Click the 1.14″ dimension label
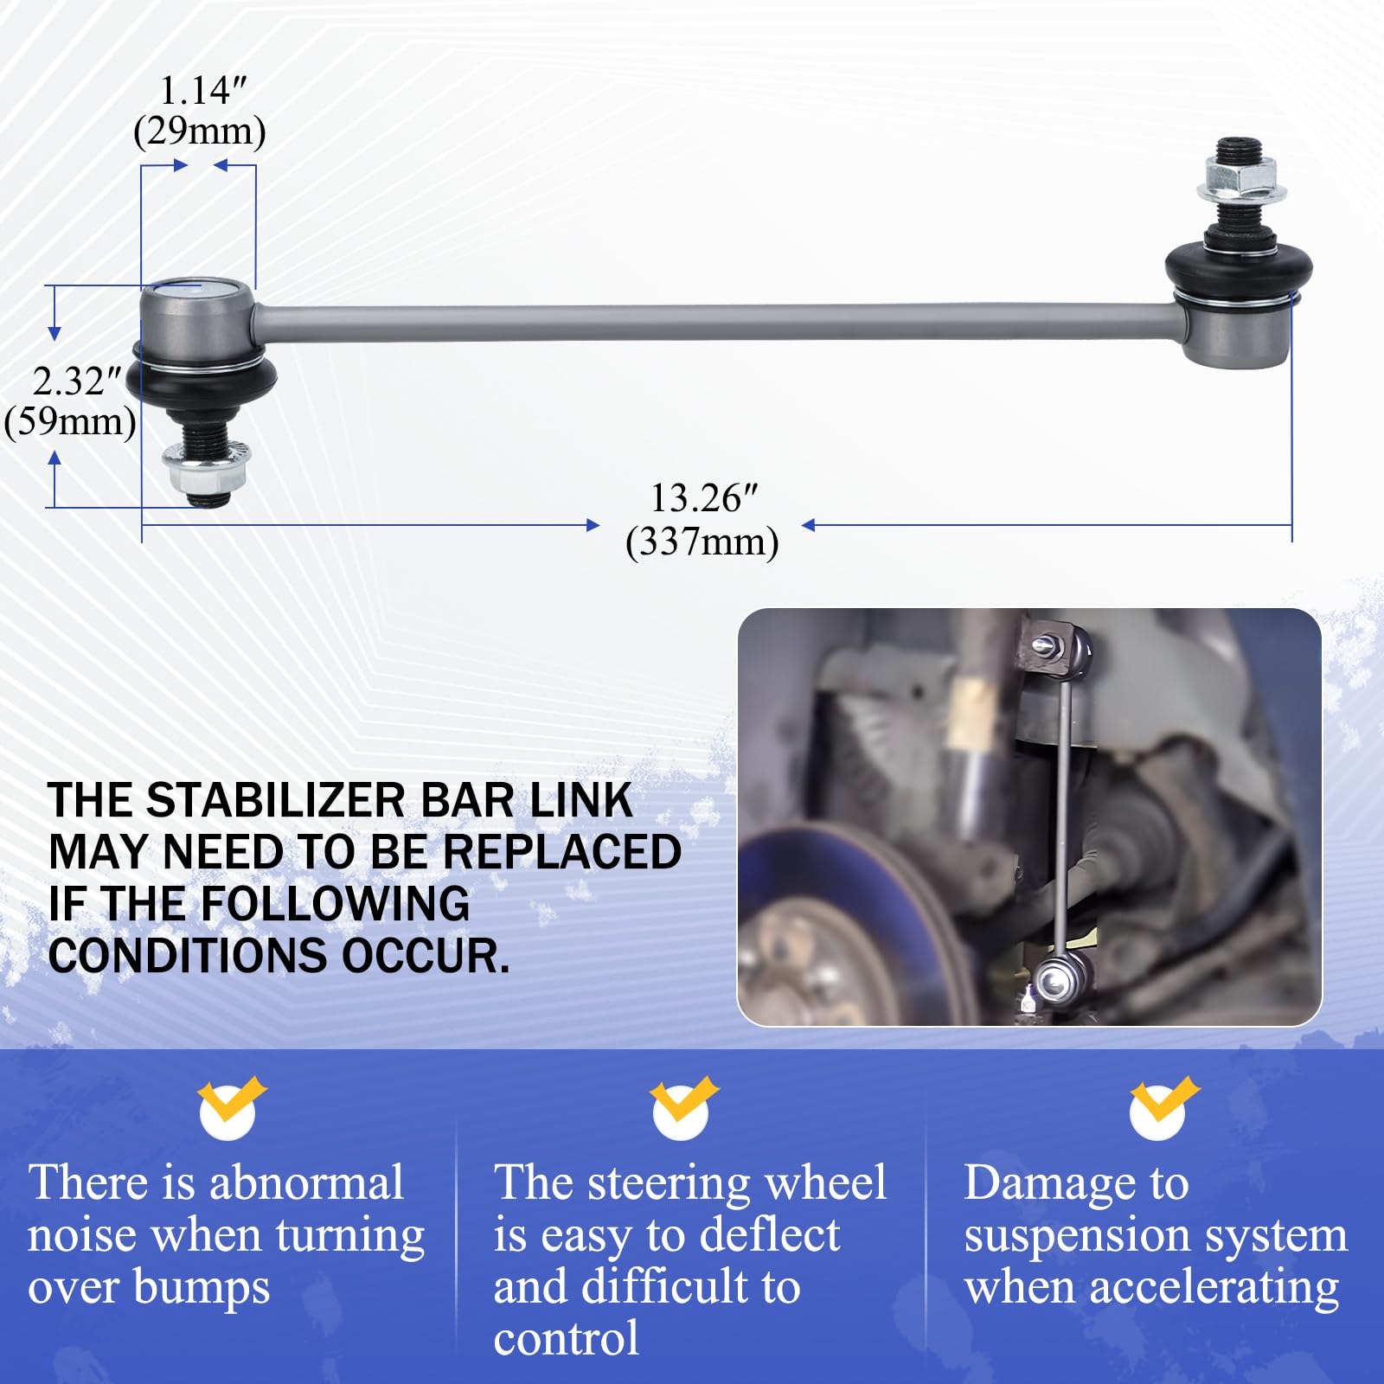click(x=203, y=90)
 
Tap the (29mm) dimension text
click(x=200, y=131)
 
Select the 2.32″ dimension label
click(x=77, y=381)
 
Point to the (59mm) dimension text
click(x=70, y=422)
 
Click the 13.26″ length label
click(x=703, y=498)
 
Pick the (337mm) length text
click(x=702, y=542)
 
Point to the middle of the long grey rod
click(x=718, y=322)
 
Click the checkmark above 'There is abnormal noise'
click(x=229, y=1107)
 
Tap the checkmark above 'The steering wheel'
click(x=682, y=1107)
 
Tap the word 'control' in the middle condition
click(x=566, y=1339)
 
